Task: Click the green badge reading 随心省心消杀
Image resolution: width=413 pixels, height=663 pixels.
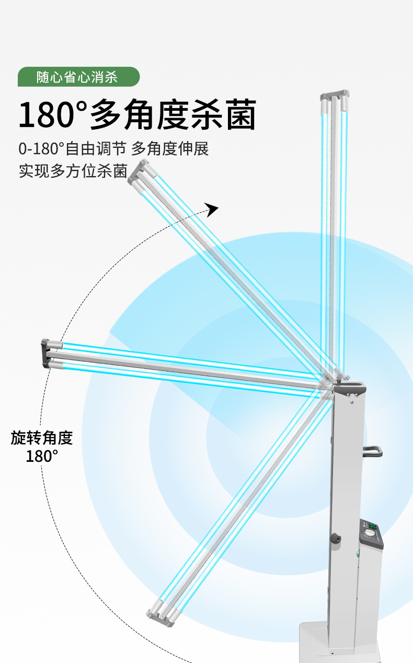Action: coord(78,77)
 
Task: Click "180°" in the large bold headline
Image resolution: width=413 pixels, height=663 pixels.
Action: coord(52,115)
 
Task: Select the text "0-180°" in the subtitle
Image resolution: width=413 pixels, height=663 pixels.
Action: coord(42,149)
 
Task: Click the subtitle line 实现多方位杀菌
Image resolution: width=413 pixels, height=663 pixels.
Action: coord(73,171)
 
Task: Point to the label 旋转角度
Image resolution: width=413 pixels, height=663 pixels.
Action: coord(42,438)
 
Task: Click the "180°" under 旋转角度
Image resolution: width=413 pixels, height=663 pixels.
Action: coord(42,456)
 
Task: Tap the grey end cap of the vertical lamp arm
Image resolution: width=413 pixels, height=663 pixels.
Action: coord(335,96)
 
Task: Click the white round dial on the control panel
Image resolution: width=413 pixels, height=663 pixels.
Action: coord(371,533)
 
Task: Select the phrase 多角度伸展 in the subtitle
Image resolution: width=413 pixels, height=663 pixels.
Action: coord(170,149)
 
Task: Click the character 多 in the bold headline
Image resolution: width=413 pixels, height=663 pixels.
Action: coord(107,115)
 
